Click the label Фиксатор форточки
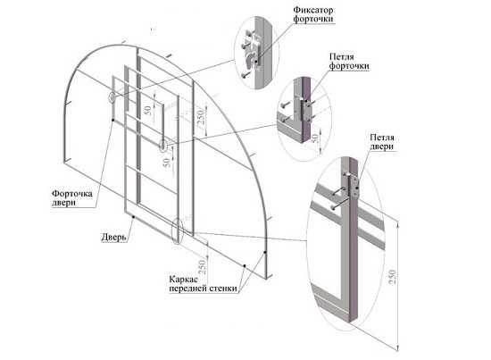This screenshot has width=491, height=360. tap(312, 14)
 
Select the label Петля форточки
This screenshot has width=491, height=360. tap(349, 62)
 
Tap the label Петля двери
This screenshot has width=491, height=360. tap(382, 142)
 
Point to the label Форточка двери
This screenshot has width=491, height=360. tap(72, 197)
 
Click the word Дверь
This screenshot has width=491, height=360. tap(113, 238)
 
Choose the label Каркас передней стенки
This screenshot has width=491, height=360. tap(203, 284)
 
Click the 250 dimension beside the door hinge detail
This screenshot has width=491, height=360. tap(393, 277)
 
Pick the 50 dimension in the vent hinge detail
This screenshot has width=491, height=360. tap(315, 138)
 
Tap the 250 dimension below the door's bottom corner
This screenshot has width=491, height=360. tap(202, 267)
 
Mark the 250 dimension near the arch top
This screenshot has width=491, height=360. tap(201, 116)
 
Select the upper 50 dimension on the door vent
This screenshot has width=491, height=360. tap(147, 110)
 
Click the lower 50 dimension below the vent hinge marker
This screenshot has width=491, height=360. tap(166, 162)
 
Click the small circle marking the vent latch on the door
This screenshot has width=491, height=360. tap(112, 97)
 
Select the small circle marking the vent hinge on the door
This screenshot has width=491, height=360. tap(163, 146)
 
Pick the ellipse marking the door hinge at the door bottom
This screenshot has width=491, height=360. tap(178, 230)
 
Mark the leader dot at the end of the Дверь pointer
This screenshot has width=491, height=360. tap(133, 216)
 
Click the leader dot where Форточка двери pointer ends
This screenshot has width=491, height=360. tap(112, 120)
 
